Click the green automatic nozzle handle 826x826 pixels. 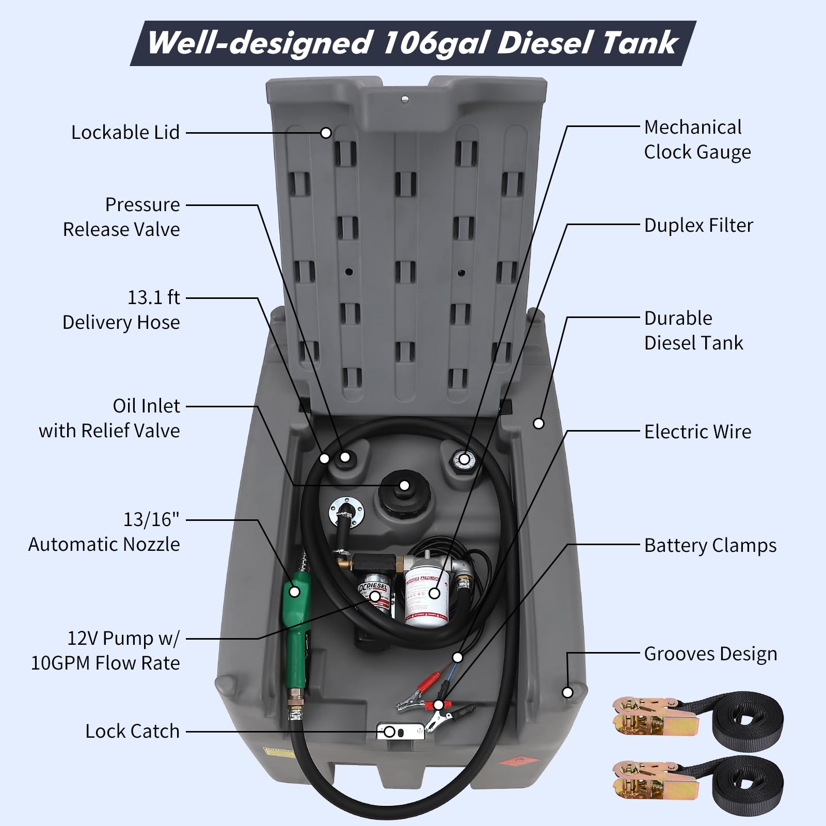[x=295, y=614]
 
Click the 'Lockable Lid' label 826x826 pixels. [x=125, y=133]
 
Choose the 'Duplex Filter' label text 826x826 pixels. [x=698, y=226]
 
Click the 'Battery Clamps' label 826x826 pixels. [x=710, y=546]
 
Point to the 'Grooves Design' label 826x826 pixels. [x=710, y=654]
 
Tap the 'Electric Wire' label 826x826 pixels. [x=697, y=432]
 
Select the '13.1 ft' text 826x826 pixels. [x=153, y=298]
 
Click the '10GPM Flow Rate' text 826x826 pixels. [x=105, y=663]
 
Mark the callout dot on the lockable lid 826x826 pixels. [x=326, y=133]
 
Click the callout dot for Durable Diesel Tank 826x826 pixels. [x=538, y=423]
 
